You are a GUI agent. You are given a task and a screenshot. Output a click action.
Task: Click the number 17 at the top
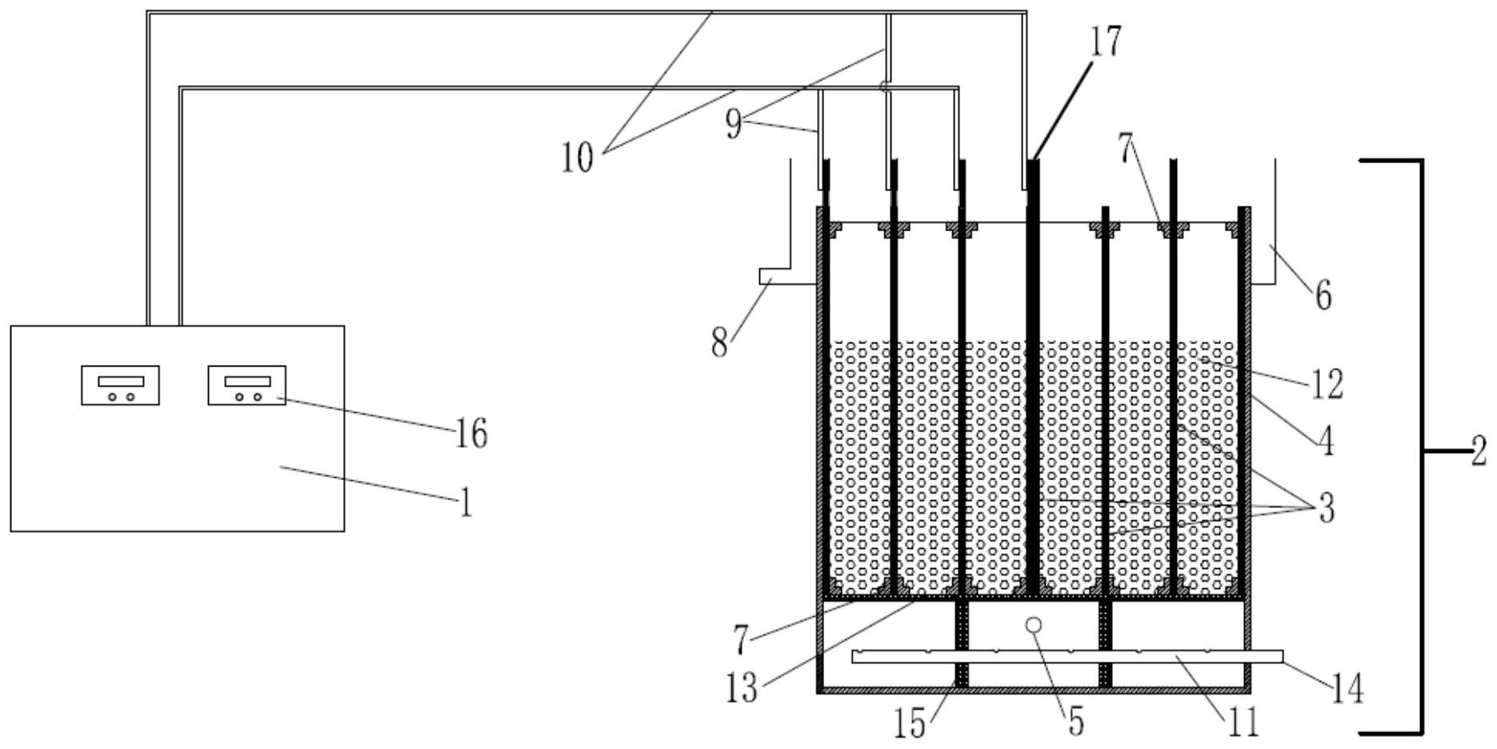click(x=1106, y=42)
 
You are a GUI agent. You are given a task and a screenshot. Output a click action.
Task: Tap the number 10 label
click(x=577, y=158)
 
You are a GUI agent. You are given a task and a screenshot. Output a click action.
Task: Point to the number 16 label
click(x=471, y=434)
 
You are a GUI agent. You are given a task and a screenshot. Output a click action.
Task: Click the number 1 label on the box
click(x=465, y=503)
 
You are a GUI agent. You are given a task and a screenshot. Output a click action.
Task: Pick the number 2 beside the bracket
click(x=1479, y=452)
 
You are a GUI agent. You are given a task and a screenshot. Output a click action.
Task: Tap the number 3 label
click(x=1327, y=508)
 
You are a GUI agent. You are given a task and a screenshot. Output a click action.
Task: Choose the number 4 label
click(x=1326, y=441)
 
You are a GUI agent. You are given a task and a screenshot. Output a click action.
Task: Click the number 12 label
click(x=1326, y=385)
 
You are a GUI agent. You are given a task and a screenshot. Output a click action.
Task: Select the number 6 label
click(x=1323, y=297)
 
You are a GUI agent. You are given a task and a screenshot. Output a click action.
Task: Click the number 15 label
click(x=911, y=723)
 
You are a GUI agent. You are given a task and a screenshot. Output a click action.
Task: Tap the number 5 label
click(x=1076, y=721)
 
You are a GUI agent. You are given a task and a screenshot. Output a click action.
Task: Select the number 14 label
click(x=1347, y=688)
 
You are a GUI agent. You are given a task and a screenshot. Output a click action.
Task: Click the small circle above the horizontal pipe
click(x=1034, y=624)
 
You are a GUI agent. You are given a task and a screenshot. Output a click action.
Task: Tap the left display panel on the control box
click(x=120, y=385)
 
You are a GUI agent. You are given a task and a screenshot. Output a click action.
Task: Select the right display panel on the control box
click(x=246, y=385)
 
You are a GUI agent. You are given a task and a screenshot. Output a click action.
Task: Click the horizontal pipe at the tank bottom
click(x=1064, y=657)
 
